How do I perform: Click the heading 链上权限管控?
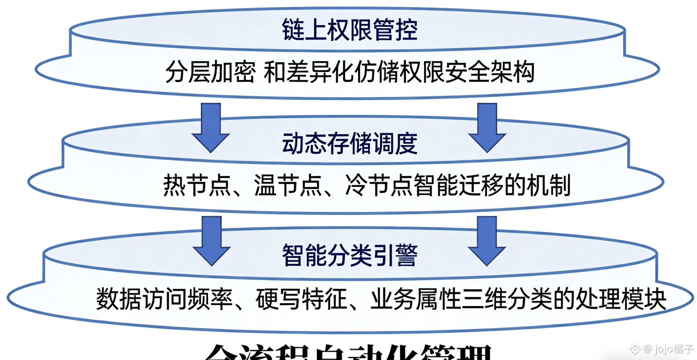pos(349,30)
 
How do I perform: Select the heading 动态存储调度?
pos(349,143)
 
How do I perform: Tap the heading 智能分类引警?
pos(349,255)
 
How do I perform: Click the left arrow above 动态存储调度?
pos(211,127)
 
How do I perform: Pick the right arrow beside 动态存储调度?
pos(487,127)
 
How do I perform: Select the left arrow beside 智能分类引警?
pos(212,241)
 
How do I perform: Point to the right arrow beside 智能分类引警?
pos(487,241)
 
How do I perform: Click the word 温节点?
pos(288,185)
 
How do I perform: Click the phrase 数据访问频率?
pos(164,299)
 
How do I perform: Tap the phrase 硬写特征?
pos(301,299)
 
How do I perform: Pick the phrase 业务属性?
pos(415,299)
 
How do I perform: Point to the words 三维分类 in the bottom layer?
pos(506,299)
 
